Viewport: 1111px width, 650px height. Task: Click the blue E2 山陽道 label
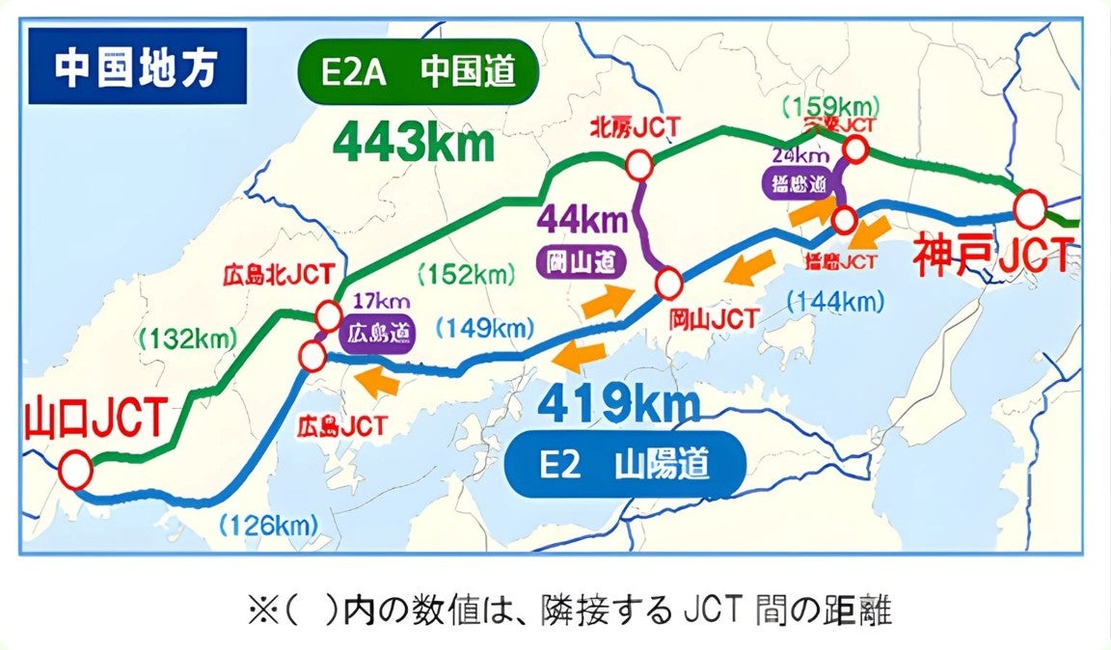(x=625, y=465)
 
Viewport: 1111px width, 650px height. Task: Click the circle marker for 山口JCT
(x=75, y=472)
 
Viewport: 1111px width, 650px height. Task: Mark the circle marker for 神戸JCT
(x=1030, y=209)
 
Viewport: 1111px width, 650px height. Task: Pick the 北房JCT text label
(x=637, y=126)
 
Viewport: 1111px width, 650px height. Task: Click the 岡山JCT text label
(x=713, y=315)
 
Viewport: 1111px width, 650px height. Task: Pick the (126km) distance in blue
(x=268, y=526)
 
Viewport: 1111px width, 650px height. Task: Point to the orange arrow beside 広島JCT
(x=377, y=383)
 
